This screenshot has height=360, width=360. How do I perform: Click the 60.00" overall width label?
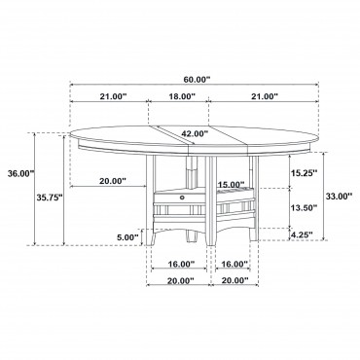coord(195,80)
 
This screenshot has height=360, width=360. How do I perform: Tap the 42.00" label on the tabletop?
coord(195,133)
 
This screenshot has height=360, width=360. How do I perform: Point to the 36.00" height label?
coord(21,173)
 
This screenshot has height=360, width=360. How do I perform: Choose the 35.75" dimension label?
coord(49,198)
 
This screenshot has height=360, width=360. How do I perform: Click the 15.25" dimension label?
coord(303,173)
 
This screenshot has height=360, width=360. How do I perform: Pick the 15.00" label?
coord(231,185)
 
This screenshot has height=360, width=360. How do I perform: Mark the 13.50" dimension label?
coord(304,207)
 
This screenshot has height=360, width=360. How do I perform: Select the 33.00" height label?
coord(339,196)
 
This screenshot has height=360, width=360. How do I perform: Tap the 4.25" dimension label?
coord(302,234)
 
